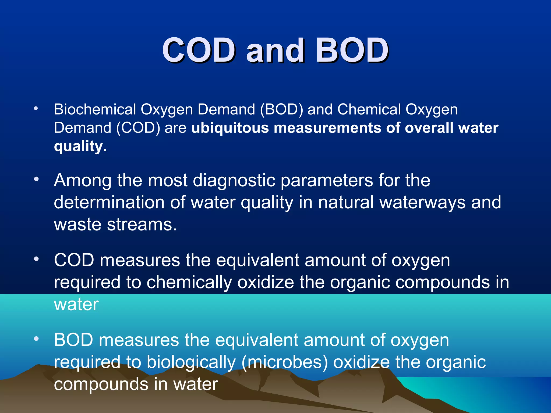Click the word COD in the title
tap(199, 50)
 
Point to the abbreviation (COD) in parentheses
tap(138, 128)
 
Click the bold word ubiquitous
tap(230, 128)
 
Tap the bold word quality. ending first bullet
tap(80, 147)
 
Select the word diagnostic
tap(234, 180)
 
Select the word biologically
tap(191, 362)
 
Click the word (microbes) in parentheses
tap(285, 362)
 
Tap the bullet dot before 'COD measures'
tap(37, 259)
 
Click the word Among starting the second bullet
tap(83, 180)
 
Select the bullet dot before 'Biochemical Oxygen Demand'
tap(36, 109)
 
